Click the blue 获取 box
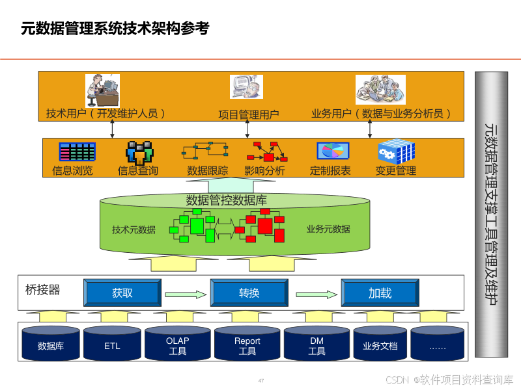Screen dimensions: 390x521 [122, 293]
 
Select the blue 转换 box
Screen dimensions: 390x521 [249, 293]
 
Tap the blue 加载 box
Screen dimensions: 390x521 [380, 293]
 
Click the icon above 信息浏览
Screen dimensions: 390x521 [77, 152]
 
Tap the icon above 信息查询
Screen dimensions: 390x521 [139, 152]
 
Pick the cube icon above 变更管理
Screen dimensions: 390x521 [396, 152]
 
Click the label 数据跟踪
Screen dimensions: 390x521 [207, 171]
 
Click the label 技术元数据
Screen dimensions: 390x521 [134, 229]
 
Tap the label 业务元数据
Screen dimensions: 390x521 [328, 229]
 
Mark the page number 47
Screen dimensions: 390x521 [261, 380]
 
